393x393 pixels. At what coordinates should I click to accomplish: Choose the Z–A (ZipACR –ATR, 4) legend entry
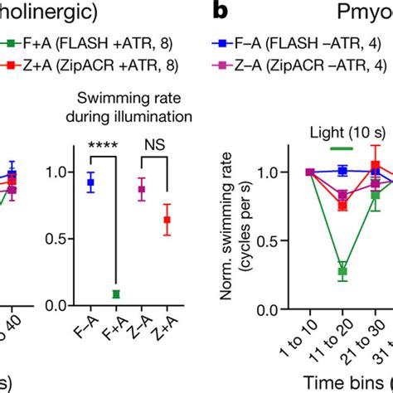(x=307, y=67)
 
